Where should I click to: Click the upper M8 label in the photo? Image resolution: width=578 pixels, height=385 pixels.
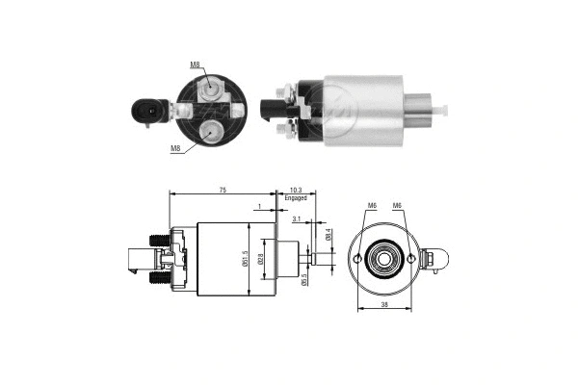point(195,64)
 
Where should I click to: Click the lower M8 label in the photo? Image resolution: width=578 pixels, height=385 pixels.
point(175,148)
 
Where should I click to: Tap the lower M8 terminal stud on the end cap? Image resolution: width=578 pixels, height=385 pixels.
point(210,130)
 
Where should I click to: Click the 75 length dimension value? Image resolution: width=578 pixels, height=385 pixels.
point(223,192)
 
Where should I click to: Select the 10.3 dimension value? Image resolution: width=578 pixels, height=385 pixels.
point(295,192)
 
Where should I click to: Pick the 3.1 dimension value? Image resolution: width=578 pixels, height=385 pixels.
point(297,219)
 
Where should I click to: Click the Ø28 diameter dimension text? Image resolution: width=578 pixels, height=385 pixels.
point(260,260)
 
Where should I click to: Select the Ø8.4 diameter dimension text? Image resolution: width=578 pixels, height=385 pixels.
point(328,234)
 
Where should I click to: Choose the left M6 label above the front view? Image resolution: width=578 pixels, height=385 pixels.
point(372,205)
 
